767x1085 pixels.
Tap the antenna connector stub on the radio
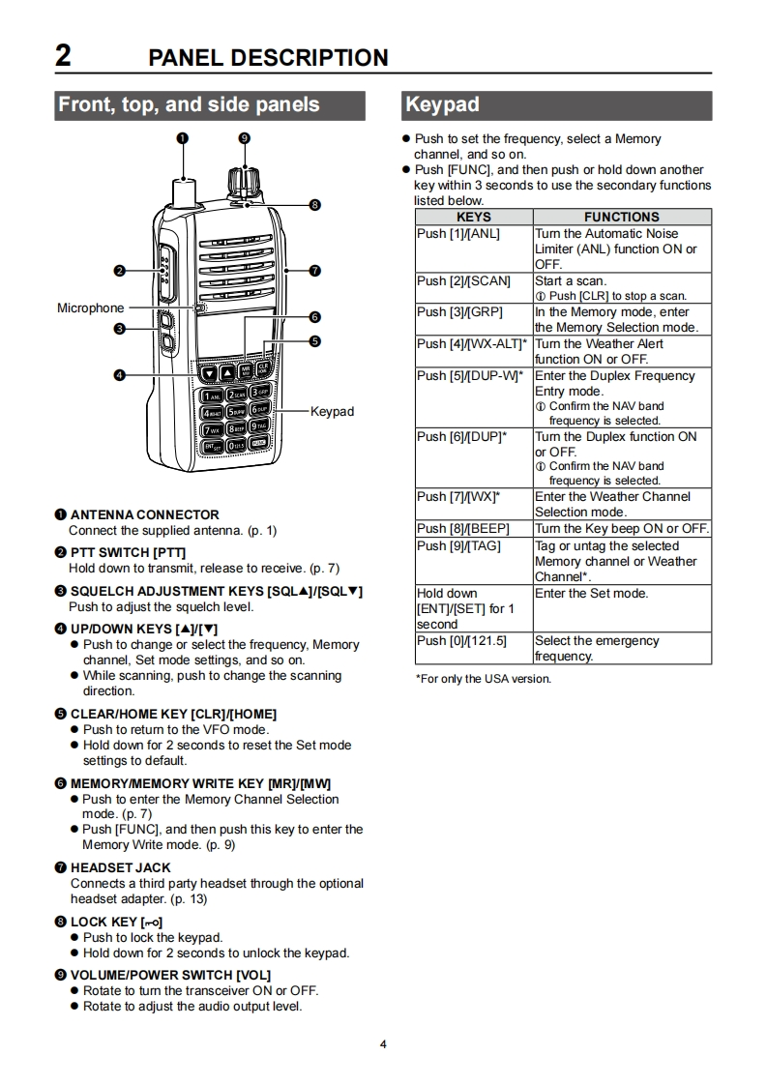[183, 191]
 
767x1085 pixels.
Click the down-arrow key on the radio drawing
[209, 372]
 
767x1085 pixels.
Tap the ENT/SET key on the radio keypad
[210, 445]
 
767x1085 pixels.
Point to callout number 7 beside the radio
[315, 270]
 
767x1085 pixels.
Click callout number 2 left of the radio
[120, 270]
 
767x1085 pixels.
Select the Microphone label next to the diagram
[91, 308]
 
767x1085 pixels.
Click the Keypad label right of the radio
[332, 412]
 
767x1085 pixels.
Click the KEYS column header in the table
[473, 218]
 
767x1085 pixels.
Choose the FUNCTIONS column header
[621, 218]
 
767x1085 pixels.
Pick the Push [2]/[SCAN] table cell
[463, 281]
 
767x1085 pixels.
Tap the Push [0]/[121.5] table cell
[461, 641]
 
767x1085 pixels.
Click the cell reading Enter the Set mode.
[591, 594]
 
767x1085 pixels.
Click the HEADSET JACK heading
[120, 868]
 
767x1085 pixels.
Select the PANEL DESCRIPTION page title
[268, 57]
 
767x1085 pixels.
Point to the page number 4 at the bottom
[383, 1044]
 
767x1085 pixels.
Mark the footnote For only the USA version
[484, 679]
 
